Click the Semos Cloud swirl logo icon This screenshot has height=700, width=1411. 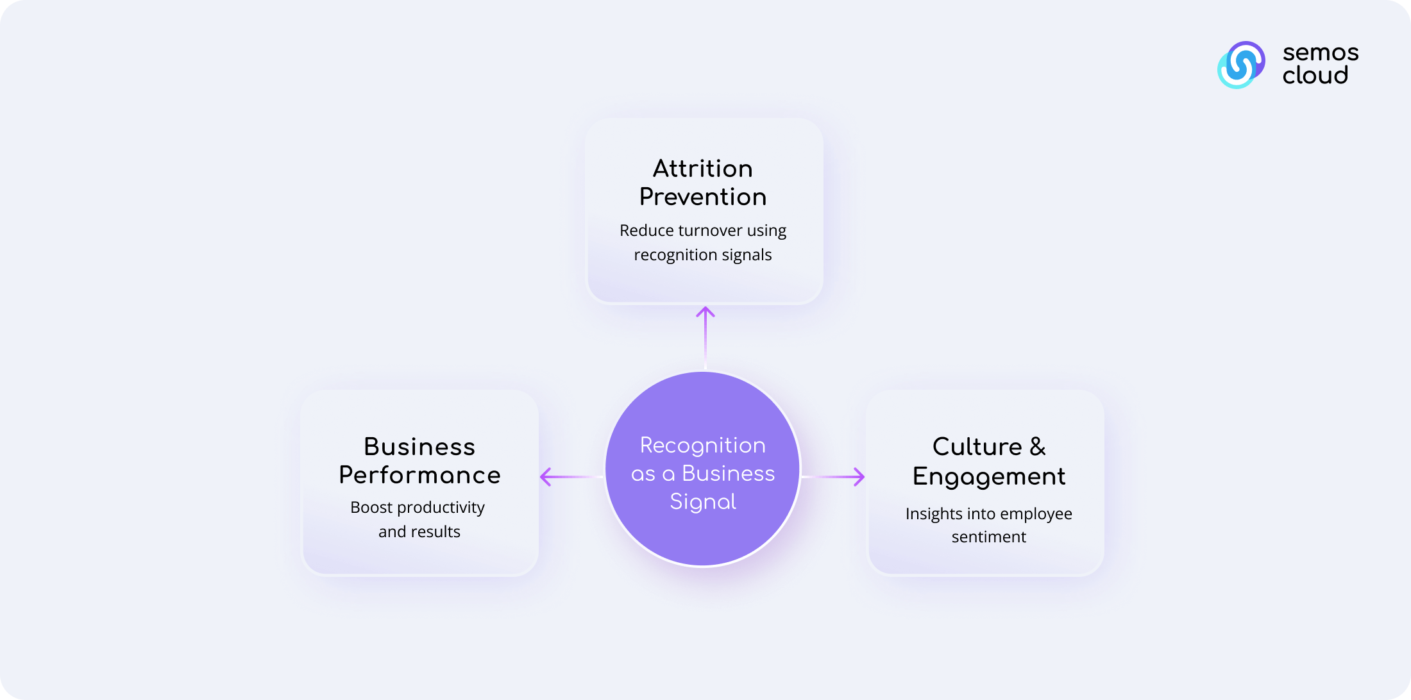coord(1241,65)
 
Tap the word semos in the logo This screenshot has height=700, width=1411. coord(1321,53)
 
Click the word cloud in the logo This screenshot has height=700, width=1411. coord(1315,76)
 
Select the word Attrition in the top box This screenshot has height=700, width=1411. coord(703,169)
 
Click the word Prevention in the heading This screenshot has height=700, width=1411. coord(703,197)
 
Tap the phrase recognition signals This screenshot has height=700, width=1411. coord(703,255)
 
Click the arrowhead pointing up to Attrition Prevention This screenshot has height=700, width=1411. coord(705,312)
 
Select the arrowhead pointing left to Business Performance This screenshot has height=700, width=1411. coord(546,477)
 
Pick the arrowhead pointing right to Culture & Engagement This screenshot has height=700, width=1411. coord(859,477)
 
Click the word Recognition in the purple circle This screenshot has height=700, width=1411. coord(703,446)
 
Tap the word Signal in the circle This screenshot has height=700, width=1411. coord(703,501)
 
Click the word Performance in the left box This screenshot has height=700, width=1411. coord(419,475)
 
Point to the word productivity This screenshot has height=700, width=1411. coord(441,508)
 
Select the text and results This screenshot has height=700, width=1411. coord(419,532)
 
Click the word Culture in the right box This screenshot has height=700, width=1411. coord(977,447)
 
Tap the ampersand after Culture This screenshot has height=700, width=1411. coord(1038,447)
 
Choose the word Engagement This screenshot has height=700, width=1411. coord(989,477)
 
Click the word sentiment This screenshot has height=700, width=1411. coord(989,537)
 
